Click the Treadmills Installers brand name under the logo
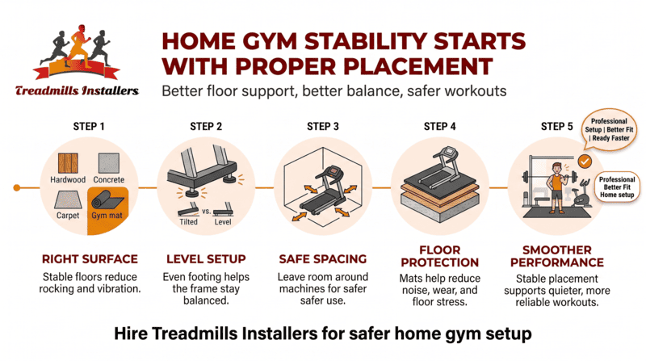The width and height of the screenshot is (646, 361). click(x=77, y=91)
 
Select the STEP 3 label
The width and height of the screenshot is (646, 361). click(x=322, y=126)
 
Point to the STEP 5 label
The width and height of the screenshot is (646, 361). click(x=556, y=126)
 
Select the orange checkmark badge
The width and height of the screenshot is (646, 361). click(x=585, y=162)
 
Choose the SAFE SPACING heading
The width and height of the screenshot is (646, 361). click(x=322, y=262)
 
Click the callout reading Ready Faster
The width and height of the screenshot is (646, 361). click(x=611, y=137)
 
